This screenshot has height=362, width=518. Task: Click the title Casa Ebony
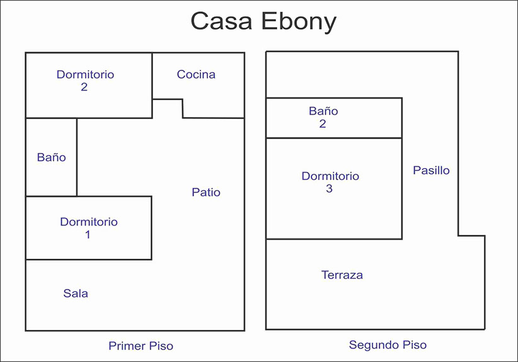click(x=263, y=21)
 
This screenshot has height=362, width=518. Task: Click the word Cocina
click(x=196, y=74)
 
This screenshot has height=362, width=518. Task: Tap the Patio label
click(x=206, y=192)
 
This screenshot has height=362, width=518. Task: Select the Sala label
click(x=76, y=293)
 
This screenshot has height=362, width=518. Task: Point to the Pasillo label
click(x=431, y=170)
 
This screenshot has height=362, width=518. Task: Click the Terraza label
click(x=342, y=274)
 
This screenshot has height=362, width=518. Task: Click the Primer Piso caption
click(x=141, y=346)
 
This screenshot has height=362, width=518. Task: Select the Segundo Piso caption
click(x=388, y=345)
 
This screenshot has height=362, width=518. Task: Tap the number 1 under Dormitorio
click(x=88, y=234)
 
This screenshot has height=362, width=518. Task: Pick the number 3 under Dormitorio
click(x=329, y=188)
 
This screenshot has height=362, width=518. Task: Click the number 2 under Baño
click(x=323, y=123)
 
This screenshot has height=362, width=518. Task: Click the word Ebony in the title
click(x=299, y=22)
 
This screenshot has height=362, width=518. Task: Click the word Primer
click(x=127, y=346)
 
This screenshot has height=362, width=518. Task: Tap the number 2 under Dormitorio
click(x=84, y=87)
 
